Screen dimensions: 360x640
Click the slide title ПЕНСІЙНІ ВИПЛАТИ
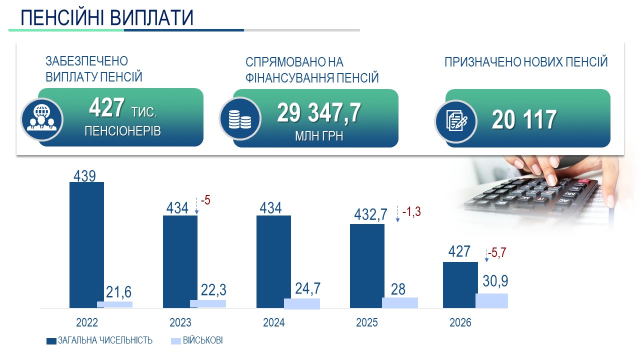[107, 17]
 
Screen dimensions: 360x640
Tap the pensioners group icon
[41, 119]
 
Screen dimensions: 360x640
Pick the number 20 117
[523, 120]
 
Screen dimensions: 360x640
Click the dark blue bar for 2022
[86, 244]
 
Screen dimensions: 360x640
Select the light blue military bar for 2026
[491, 300]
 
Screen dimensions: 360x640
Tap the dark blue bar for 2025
[367, 265]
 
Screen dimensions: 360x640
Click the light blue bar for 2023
[208, 303]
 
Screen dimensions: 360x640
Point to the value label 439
[84, 175]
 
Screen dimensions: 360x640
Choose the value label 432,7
[370, 214]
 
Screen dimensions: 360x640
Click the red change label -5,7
[497, 252]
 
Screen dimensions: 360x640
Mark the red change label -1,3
[411, 211]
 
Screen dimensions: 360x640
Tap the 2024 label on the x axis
[273, 323]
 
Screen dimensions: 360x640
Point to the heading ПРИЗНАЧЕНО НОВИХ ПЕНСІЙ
[526, 62]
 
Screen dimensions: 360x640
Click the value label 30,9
[495, 281]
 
